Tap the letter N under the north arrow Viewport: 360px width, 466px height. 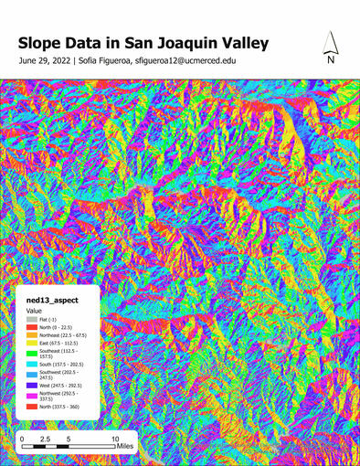331,60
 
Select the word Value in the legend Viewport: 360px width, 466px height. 34,311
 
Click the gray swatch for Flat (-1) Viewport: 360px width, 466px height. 30,319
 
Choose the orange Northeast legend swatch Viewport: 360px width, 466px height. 30,335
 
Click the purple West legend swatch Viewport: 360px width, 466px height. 30,386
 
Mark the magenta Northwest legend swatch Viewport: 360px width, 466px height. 30,396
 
